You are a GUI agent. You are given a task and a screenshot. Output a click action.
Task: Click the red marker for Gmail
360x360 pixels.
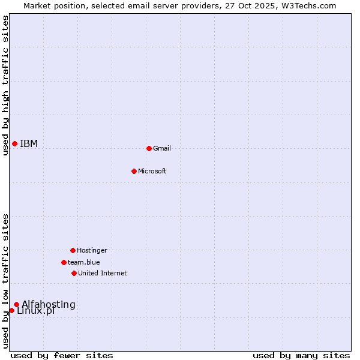pos(149,148)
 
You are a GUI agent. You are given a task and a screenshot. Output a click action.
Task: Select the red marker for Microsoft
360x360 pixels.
pos(134,171)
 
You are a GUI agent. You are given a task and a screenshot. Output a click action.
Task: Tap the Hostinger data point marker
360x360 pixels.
pos(73,250)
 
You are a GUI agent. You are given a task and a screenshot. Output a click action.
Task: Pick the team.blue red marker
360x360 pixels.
pos(64,262)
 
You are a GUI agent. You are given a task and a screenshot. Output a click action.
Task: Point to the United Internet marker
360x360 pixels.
pos(74,273)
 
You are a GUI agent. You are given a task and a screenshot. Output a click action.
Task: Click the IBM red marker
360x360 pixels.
pos(14,143)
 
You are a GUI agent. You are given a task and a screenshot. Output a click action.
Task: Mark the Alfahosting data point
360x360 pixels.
pos(16,304)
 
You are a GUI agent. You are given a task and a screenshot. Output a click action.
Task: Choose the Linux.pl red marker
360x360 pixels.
pos(11,310)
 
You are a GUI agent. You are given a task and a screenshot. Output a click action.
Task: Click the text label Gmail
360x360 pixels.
pos(162,148)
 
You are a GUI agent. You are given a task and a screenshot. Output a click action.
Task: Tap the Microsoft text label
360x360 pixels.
pos(152,171)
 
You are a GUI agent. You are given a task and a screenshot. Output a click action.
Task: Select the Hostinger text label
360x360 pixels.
pos(92,250)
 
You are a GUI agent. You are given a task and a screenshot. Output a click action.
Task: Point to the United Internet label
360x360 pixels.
pos(103,273)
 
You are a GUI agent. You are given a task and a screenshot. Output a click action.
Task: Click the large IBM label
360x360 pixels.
pos(29,143)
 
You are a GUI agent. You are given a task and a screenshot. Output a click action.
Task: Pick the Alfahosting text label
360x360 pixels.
pos(49,304)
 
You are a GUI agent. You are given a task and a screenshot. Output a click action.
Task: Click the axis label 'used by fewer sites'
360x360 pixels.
pos(62,355)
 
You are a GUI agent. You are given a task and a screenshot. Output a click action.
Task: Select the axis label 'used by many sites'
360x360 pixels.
pos(301,355)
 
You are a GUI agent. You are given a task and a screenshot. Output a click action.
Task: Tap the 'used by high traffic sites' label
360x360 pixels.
pos(5,85)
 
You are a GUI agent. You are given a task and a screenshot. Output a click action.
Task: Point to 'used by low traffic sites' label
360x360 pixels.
pos(5,281)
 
